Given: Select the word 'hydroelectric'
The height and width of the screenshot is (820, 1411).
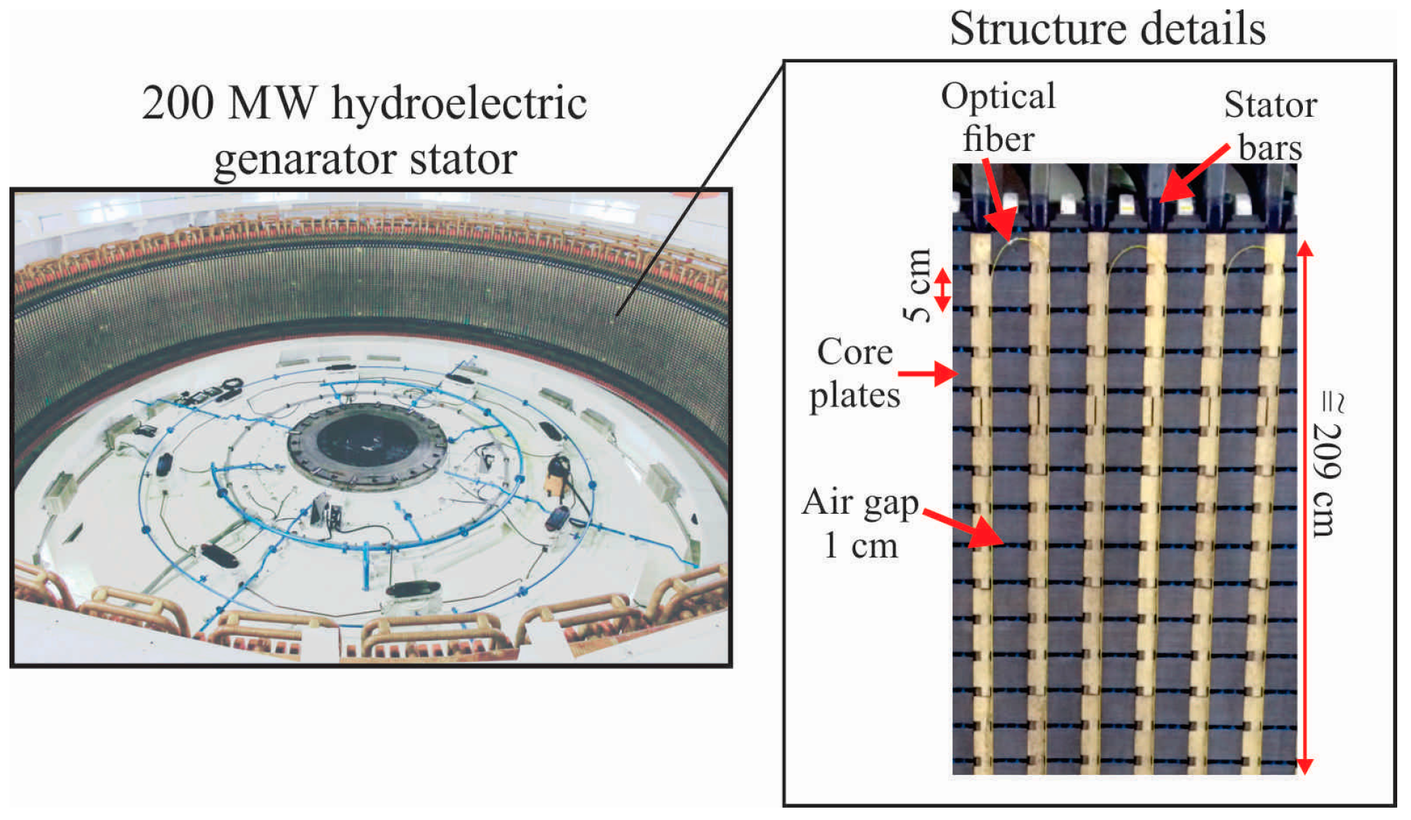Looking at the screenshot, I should pos(458,103).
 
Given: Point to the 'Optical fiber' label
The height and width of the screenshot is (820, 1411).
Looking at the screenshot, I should pos(998,118).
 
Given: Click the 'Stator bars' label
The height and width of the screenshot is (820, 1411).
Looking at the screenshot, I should pos(1270,126).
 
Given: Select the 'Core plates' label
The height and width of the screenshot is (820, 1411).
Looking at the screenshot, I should pos(855,374).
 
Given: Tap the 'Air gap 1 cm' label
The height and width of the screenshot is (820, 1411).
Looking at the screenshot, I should pos(860,524).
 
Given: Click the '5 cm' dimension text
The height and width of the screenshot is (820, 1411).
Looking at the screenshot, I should pos(917,284).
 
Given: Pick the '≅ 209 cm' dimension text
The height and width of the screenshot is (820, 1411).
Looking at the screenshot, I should pos(1328,464).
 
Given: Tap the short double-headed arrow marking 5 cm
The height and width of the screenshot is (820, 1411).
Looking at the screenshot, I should pos(942,290).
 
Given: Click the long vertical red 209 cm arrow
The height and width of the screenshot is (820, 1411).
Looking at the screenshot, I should pos(1304,508).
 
